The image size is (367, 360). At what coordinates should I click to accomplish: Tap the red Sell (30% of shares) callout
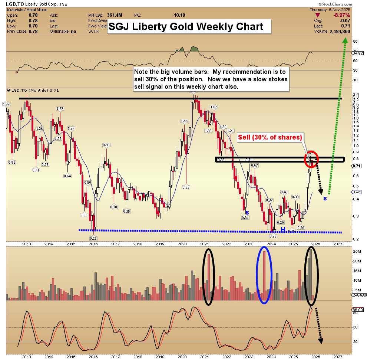click(x=270, y=137)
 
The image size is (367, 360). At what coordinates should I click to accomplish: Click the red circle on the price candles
click(x=311, y=159)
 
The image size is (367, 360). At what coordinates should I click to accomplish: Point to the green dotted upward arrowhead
click(x=344, y=40)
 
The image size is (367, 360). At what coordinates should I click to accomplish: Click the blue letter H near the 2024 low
click(x=283, y=230)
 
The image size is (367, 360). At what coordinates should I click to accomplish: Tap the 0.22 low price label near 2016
click(x=93, y=238)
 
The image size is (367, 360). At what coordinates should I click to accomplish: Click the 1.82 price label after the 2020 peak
click(x=214, y=107)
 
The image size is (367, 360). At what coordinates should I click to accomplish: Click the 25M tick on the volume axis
click(x=357, y=252)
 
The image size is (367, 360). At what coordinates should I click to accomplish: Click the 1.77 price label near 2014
click(x=60, y=108)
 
